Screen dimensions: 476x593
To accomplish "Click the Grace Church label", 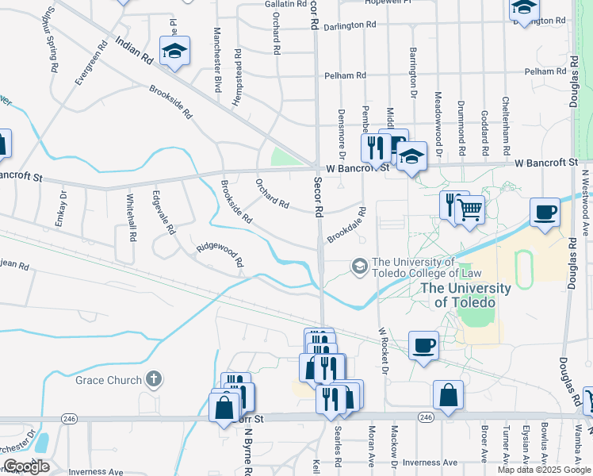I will click(108, 380).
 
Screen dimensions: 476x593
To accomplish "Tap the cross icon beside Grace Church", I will click(154, 380).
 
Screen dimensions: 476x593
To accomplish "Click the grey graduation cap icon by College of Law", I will click(360, 267).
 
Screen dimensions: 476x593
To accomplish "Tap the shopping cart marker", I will click(470, 210).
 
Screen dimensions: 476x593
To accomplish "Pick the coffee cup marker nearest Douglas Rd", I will click(545, 213).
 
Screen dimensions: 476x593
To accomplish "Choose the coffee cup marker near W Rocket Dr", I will click(424, 345).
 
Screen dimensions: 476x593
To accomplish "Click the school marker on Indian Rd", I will click(174, 52).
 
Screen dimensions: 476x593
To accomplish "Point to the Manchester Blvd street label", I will click(216, 59).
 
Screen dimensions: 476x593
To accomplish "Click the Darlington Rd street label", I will click(350, 25).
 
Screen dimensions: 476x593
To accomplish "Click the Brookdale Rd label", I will click(346, 226).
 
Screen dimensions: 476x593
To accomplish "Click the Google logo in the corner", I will click(26, 466).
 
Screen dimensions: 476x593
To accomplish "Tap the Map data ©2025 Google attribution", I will click(544, 470).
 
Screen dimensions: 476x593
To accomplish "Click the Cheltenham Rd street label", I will click(506, 126).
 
